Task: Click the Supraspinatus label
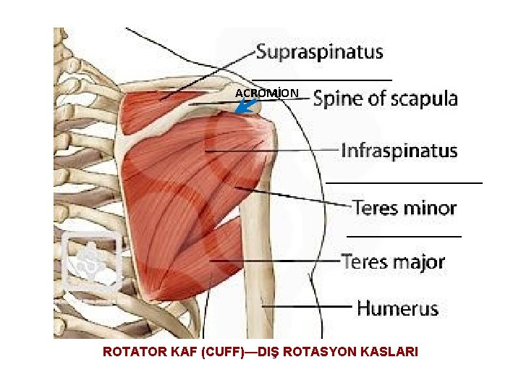pos(319,53)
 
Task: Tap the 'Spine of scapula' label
pos(385,99)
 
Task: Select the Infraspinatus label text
pos(399,151)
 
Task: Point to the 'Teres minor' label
pos(404,209)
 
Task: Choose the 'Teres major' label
pos(392,261)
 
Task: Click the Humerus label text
pos(397,308)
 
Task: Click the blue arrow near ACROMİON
pos(246,107)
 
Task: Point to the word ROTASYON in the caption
pos(319,353)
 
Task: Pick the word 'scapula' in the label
pos(426,99)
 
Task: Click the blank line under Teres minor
pos(404,236)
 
